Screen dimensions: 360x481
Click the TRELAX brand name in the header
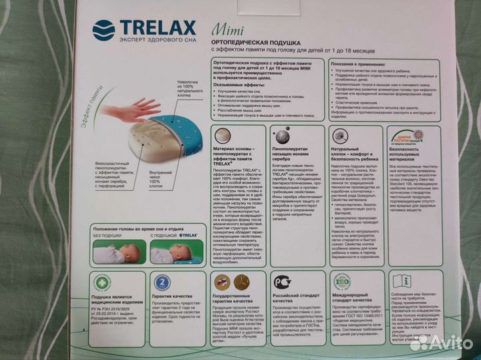click(x=157, y=27)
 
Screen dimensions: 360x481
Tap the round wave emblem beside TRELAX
click(x=104, y=30)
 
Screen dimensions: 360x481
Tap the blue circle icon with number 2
click(x=162, y=281)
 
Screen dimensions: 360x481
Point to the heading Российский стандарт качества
click(x=295, y=299)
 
